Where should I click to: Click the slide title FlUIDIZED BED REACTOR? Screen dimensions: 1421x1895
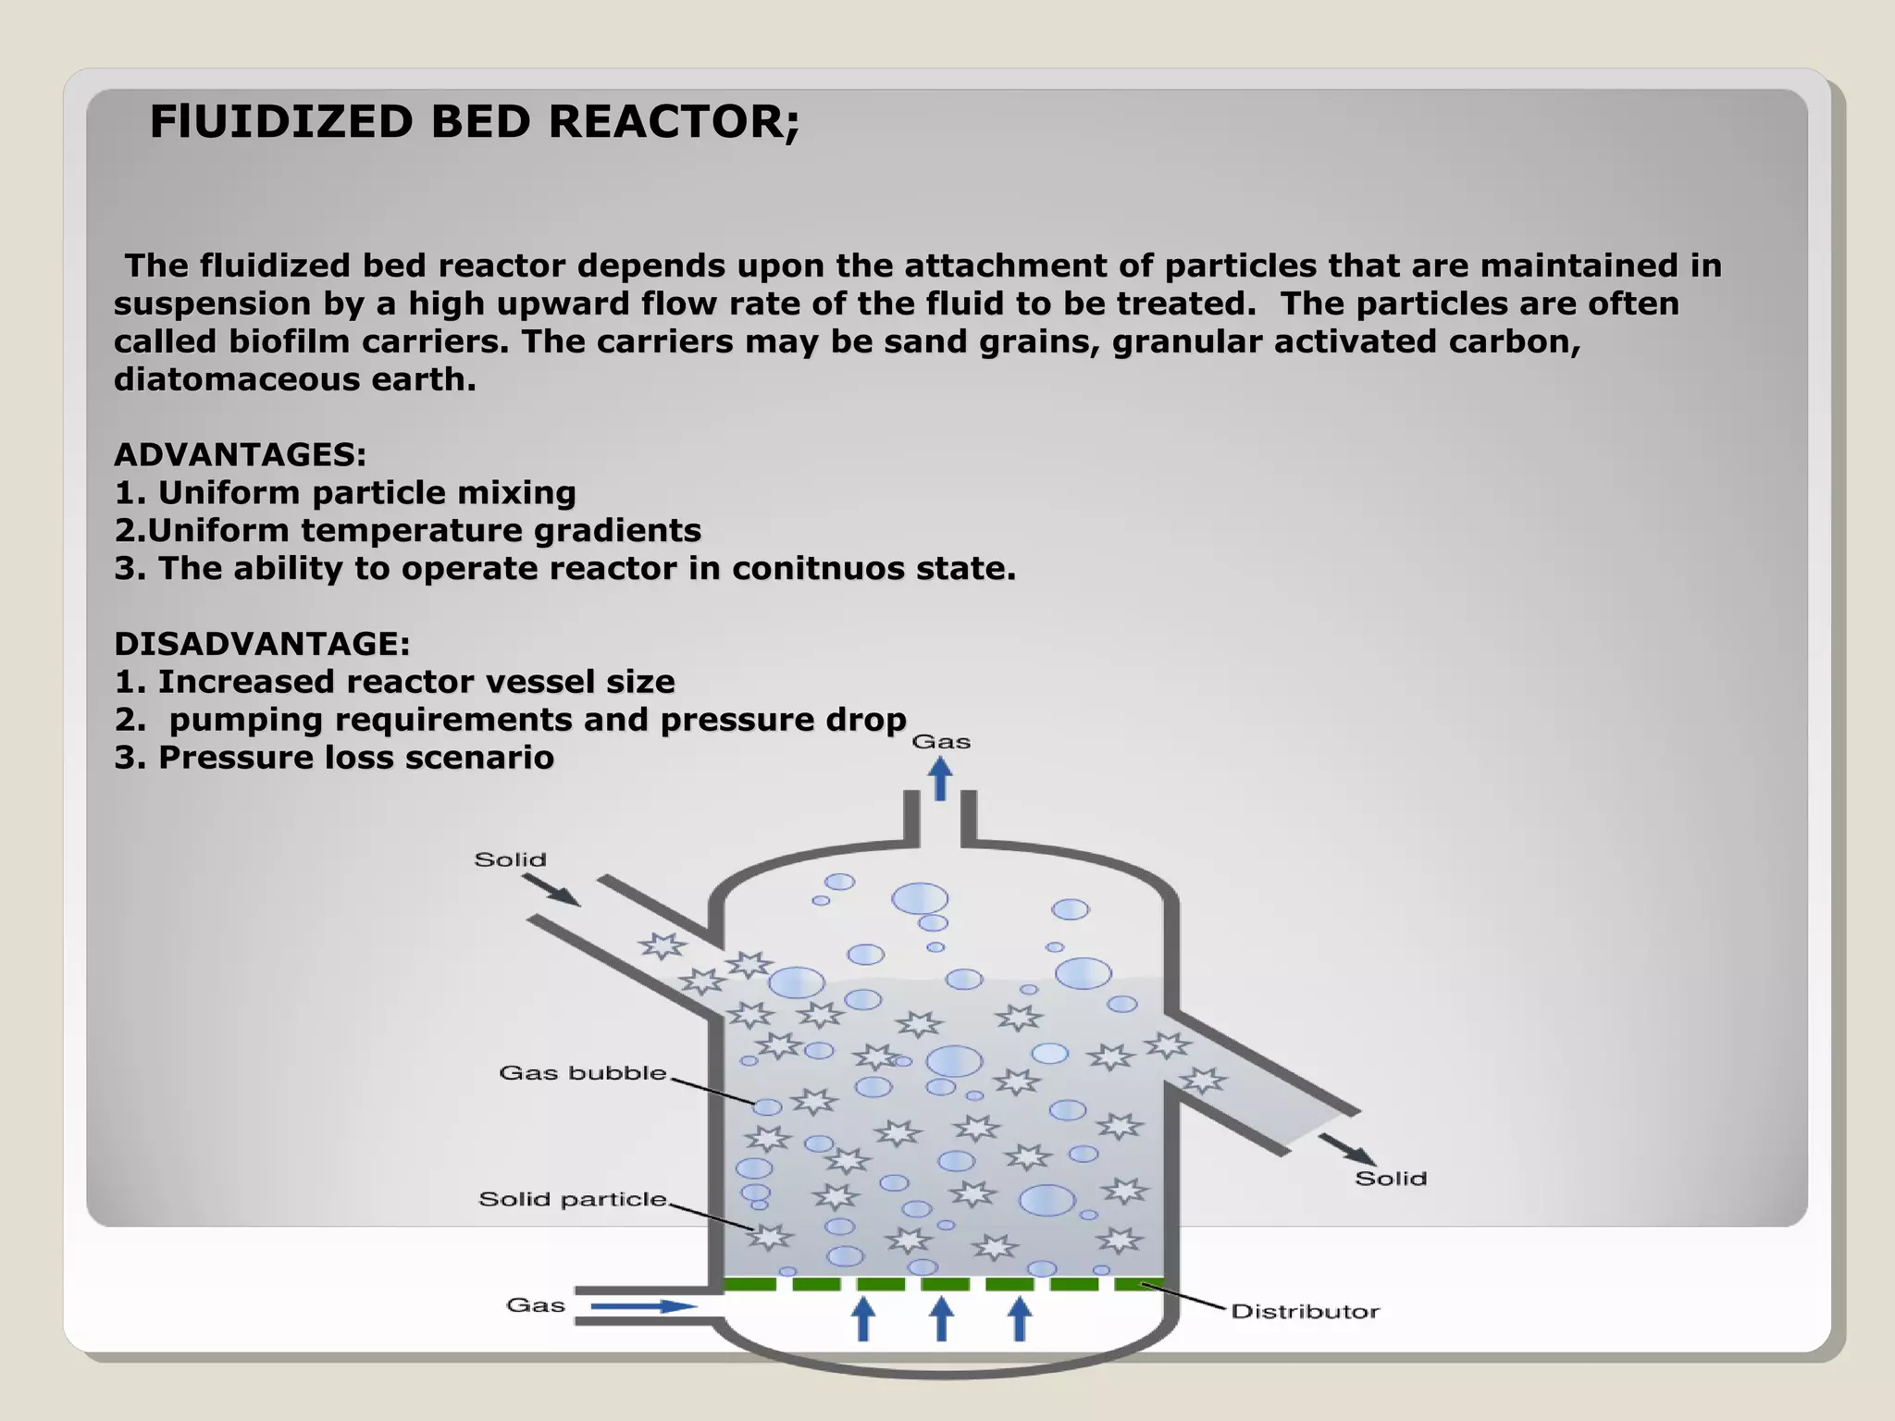coord(474,122)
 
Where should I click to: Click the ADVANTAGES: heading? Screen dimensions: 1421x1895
coord(240,455)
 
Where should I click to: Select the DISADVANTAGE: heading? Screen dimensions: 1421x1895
coord(262,644)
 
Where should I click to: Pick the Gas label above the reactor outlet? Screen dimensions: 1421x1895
coord(941,742)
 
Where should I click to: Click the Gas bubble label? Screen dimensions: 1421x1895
coord(583,1073)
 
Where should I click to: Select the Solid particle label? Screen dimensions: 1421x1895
coord(572,1200)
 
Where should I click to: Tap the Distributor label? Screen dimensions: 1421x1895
coord(1305,1312)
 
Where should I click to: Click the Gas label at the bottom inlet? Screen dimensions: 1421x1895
coord(536,1305)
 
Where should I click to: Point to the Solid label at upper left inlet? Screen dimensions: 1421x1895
coord(510,860)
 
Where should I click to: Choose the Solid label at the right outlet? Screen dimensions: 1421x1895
coord(1391,1179)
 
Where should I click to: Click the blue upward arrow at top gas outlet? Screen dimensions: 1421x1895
coord(941,779)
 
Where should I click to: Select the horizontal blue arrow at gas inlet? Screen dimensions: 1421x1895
coord(643,1306)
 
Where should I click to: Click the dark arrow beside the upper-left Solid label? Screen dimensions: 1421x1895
coord(552,889)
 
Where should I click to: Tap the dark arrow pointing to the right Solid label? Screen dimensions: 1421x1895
coord(1348,1149)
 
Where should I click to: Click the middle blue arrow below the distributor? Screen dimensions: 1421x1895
coord(941,1319)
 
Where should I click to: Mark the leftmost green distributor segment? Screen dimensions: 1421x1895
coord(749,1284)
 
